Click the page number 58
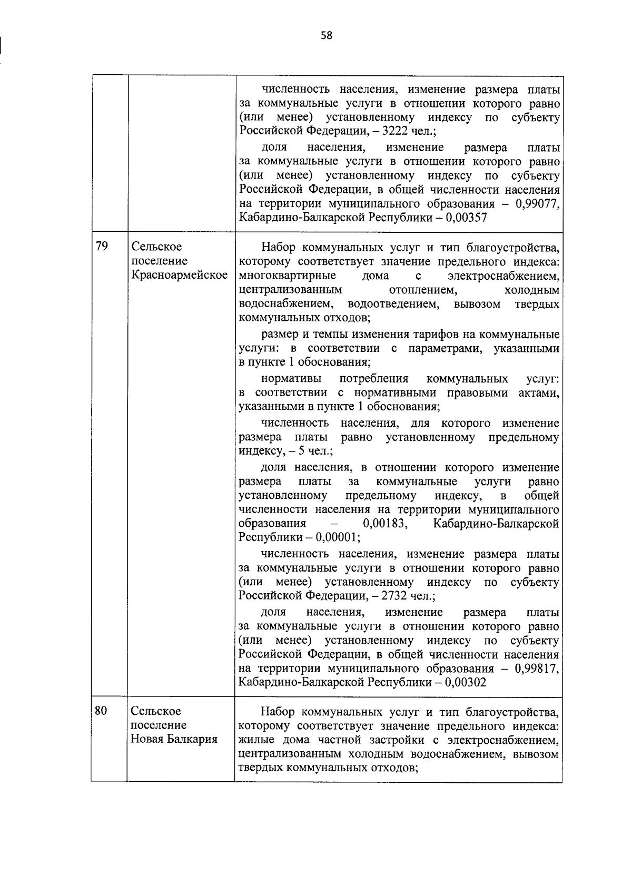(x=327, y=36)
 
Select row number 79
(x=102, y=247)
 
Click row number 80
(x=101, y=711)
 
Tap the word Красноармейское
(x=179, y=275)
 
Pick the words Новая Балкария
(x=174, y=739)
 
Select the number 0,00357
(x=466, y=218)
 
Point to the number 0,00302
(x=466, y=682)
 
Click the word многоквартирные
(x=287, y=276)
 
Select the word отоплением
(x=422, y=290)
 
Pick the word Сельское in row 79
(x=156, y=247)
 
